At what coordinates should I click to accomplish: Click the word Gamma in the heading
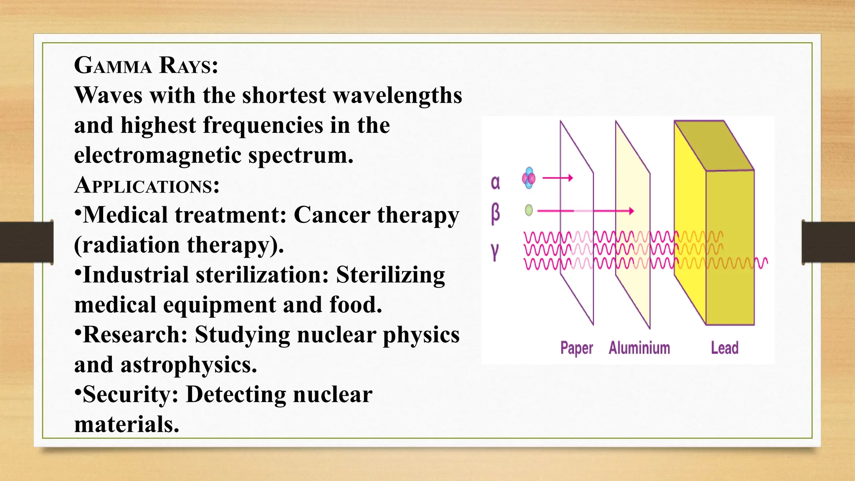[113, 66]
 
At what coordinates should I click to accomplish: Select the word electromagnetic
[158, 155]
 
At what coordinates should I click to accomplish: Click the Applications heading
[147, 185]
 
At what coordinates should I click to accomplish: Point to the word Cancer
[332, 215]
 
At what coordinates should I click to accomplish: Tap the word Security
[131, 395]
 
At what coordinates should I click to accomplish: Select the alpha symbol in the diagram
[495, 182]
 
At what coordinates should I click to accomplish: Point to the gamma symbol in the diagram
[495, 252]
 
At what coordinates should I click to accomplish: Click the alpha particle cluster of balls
[529, 178]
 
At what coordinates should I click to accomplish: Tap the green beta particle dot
[529, 210]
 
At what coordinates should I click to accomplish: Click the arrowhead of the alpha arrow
[571, 178]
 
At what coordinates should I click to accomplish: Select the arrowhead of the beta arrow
[632, 211]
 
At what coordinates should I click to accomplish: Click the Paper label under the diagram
[577, 348]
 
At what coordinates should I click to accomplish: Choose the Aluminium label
[639, 348]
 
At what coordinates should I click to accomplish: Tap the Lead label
[725, 348]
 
